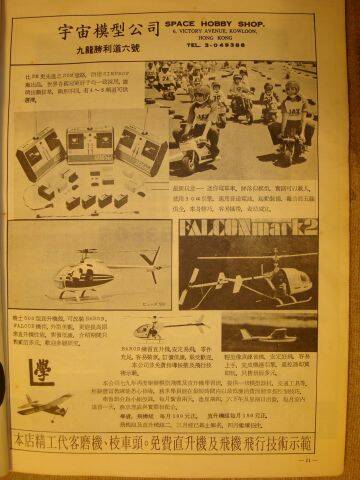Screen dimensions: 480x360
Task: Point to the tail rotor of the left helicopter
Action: [x=152, y=262]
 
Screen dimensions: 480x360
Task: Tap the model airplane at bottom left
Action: [x=44, y=404]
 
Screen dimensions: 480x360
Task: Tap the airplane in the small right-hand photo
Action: [x=265, y=334]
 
